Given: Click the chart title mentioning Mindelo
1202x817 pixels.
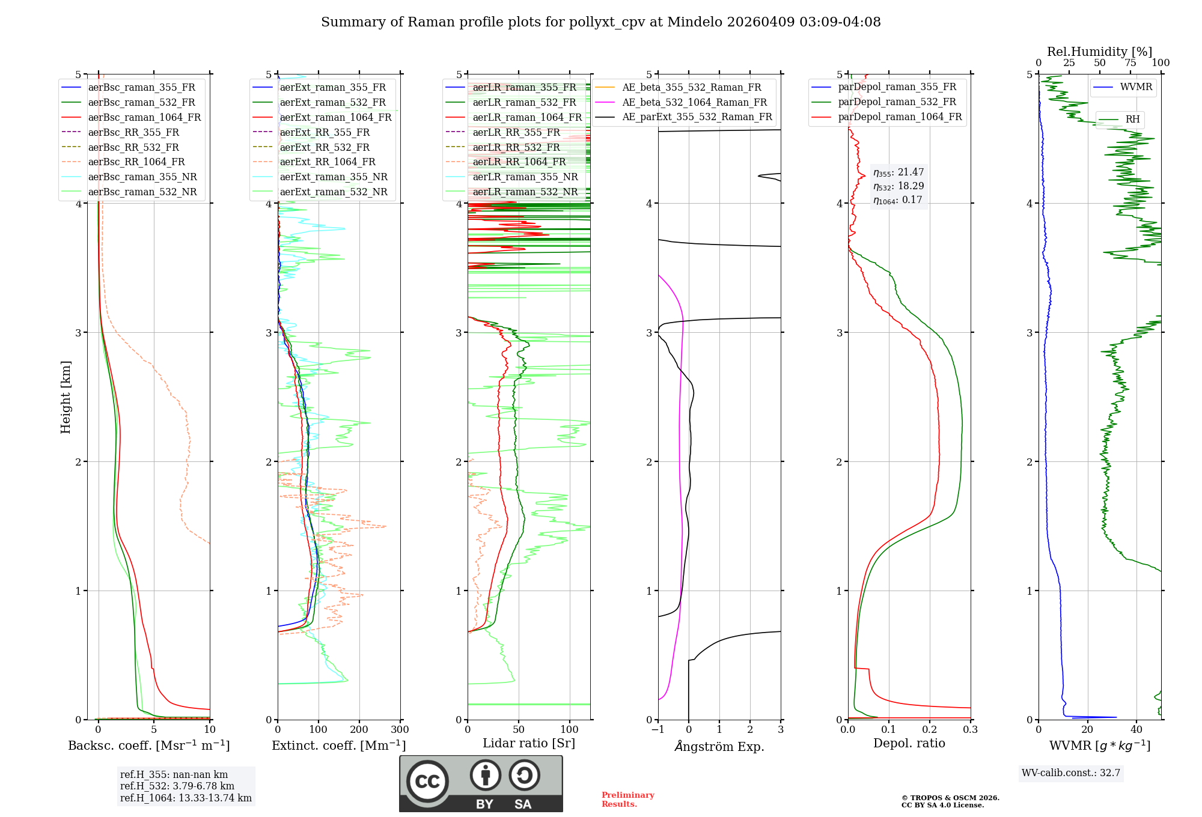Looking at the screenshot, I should click(600, 22).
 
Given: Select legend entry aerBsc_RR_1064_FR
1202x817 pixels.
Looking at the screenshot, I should click(136, 162).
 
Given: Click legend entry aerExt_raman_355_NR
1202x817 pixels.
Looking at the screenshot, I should click(333, 177).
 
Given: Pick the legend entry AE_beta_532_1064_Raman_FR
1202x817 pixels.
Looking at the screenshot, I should click(694, 103).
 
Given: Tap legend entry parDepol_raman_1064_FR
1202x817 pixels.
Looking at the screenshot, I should click(899, 117).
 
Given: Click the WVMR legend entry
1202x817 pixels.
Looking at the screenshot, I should click(1135, 87).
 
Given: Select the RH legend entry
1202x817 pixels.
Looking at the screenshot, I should click(1132, 120).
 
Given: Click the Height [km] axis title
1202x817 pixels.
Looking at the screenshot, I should click(66, 397).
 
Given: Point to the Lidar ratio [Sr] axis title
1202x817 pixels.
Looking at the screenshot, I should click(528, 743).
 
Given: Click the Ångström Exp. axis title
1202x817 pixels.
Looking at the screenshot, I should click(719, 746).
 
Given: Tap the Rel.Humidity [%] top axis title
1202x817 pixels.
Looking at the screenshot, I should click(1099, 52).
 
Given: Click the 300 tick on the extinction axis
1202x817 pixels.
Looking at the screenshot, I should click(400, 730).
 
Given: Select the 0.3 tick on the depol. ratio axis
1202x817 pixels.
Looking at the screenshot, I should click(970, 730).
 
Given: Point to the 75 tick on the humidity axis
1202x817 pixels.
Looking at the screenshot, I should click(1130, 63).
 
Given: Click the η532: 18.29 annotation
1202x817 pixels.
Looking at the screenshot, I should click(898, 186).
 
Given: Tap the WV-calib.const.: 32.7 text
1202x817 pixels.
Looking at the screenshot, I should click(1070, 773).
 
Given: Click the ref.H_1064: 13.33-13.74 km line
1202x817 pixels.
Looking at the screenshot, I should click(186, 798).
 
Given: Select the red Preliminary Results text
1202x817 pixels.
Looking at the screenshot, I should click(627, 800).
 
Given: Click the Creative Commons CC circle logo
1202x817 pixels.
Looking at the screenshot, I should click(427, 782).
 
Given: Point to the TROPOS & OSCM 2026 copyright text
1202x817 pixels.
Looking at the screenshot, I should click(950, 798).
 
